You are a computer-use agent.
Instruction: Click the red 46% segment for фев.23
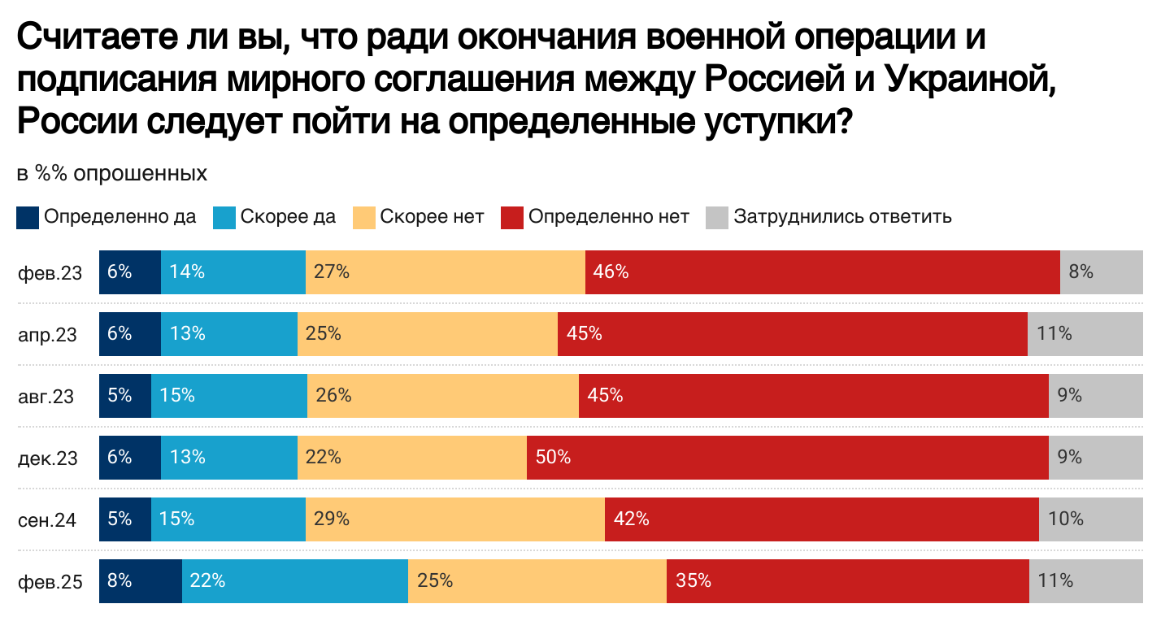pos(821,272)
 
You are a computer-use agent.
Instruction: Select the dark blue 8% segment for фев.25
pos(140,581)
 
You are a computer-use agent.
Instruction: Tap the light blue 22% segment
pos(294,581)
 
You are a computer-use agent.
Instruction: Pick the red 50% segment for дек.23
pos(787,458)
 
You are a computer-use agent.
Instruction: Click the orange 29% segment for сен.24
pos(454,519)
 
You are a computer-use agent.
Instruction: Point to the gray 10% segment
pos(1090,519)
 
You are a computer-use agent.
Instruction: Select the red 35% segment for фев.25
pos(847,581)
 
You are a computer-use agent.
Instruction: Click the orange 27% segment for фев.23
pos(445,272)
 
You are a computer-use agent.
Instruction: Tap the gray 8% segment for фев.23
pos(1101,272)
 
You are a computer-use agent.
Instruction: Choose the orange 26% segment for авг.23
pos(442,396)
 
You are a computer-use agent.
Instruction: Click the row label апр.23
pos(48,334)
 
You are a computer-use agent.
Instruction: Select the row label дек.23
pos(48,458)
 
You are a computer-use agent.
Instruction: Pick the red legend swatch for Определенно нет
pos(511,218)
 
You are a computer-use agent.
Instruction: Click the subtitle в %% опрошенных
pos(112,174)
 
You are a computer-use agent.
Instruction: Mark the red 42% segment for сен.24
pos(821,519)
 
